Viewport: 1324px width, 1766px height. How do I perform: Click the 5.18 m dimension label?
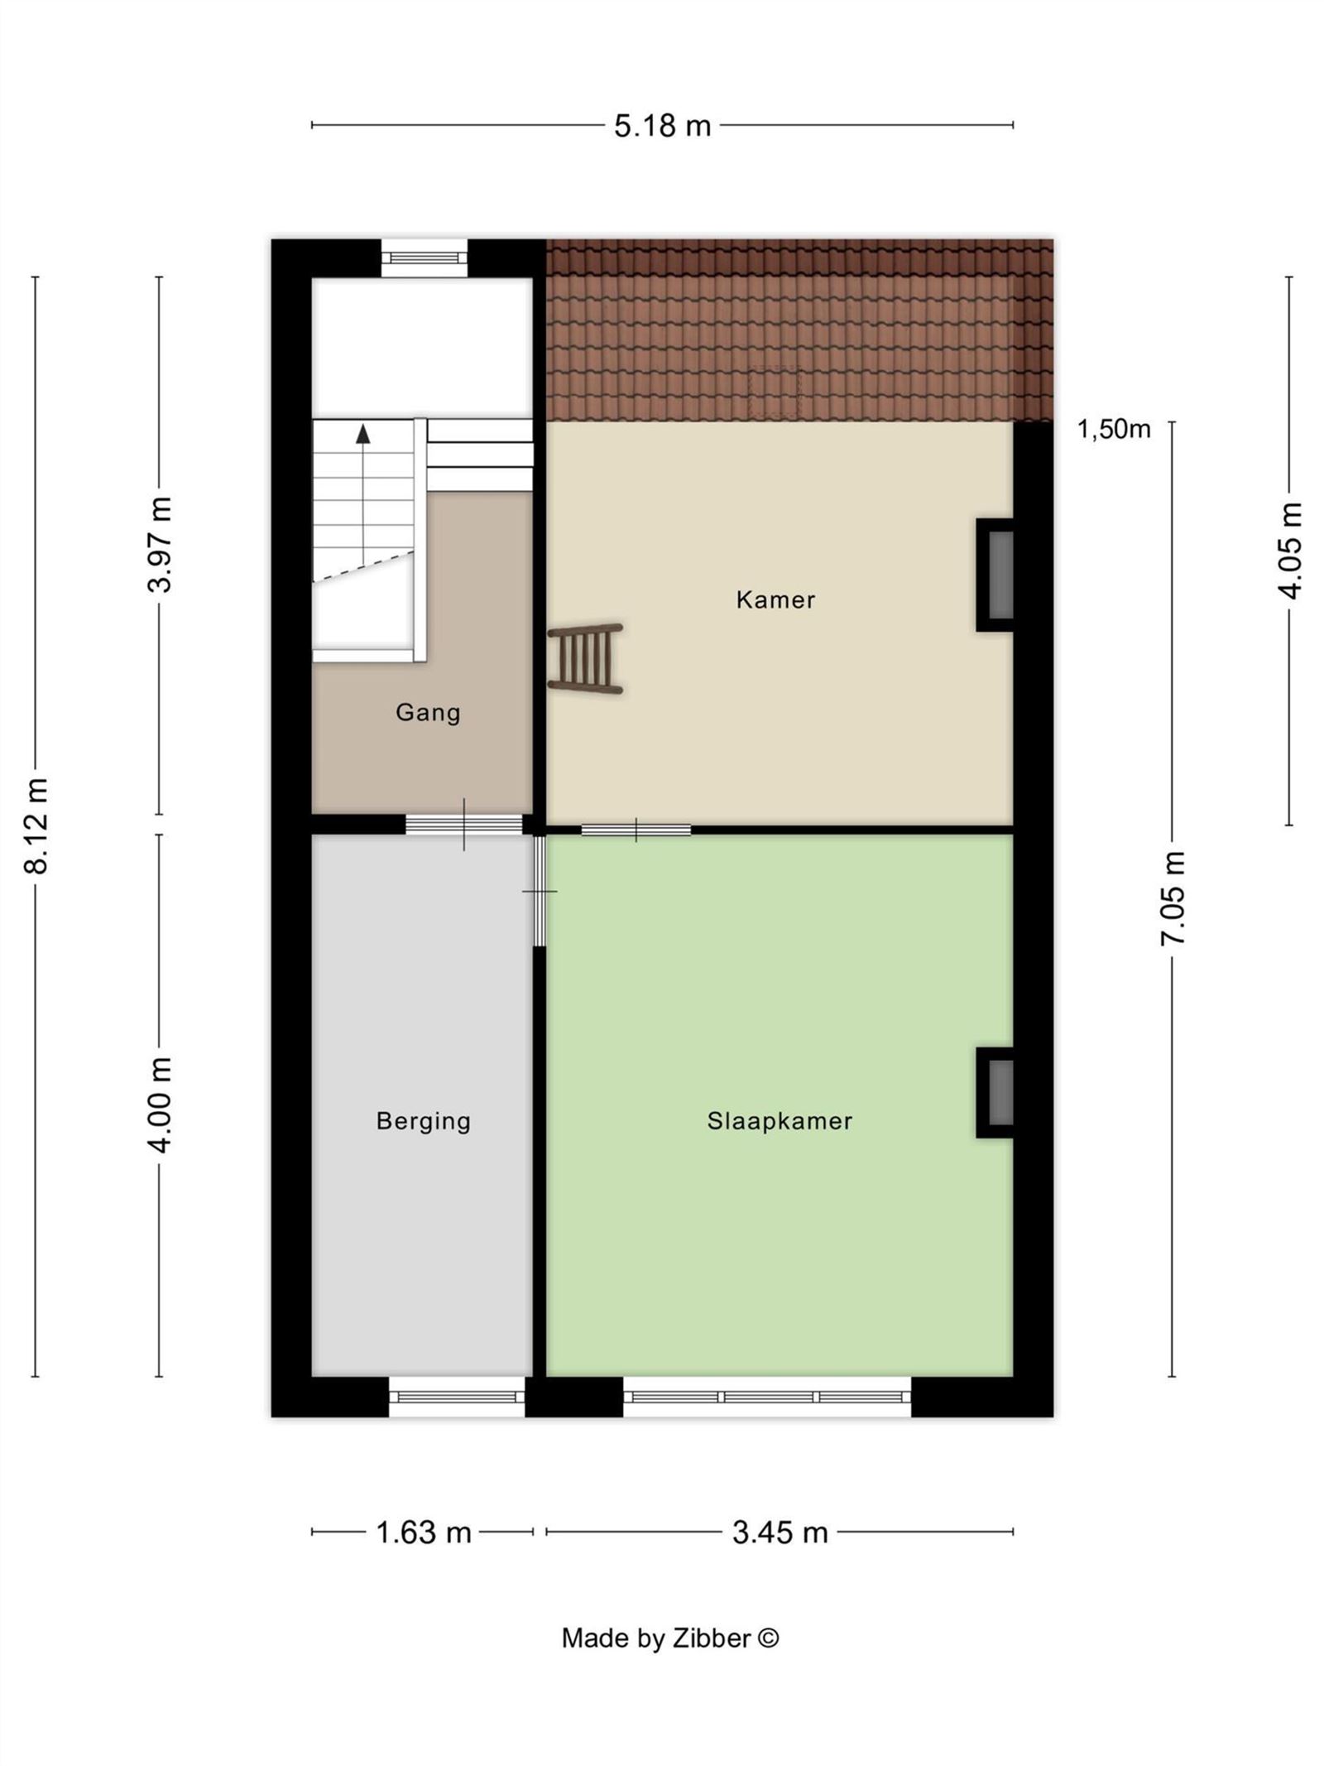[x=662, y=126]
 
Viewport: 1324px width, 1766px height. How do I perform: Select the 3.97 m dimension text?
[x=160, y=544]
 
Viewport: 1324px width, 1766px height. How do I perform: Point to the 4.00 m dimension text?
[x=160, y=1104]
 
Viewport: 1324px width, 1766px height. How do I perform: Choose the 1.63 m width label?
[x=423, y=1533]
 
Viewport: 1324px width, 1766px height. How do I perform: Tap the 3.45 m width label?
[x=780, y=1533]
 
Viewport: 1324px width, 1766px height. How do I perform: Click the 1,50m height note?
[x=1113, y=429]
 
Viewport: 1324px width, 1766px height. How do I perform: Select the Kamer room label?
[x=775, y=599]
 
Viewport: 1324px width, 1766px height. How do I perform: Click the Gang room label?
[x=428, y=712]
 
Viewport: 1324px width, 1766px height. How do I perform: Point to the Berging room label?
[x=423, y=1121]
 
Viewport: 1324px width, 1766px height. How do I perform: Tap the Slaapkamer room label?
[x=780, y=1121]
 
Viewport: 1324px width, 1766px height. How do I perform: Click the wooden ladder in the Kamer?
[x=586, y=658]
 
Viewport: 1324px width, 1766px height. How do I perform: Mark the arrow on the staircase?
[x=362, y=434]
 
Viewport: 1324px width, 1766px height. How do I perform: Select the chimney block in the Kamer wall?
[x=996, y=575]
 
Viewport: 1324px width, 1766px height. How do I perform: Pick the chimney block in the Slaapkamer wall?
[x=996, y=1093]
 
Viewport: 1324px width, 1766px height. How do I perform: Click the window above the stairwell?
[x=424, y=257]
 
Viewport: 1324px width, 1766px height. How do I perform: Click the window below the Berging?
[x=457, y=1397]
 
